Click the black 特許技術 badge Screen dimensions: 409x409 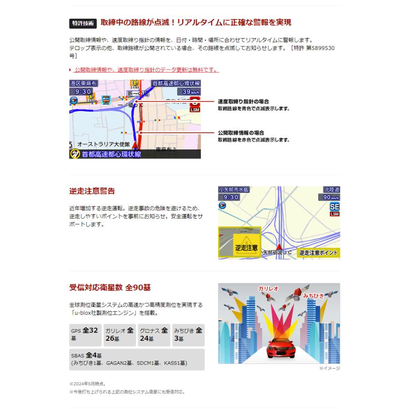[x=83, y=23]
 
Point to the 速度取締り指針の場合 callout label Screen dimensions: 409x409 [x=243, y=101]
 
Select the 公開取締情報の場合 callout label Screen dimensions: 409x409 [x=241, y=133]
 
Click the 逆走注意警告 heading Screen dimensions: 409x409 [x=92, y=191]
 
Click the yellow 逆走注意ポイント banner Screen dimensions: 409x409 [x=319, y=253]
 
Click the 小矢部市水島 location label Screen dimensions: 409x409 [x=234, y=190]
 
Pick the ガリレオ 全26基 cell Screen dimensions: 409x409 [x=119, y=335]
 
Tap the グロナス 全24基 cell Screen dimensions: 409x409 [x=154, y=335]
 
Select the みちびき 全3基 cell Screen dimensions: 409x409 [x=188, y=335]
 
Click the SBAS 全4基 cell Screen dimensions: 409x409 [x=136, y=359]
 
